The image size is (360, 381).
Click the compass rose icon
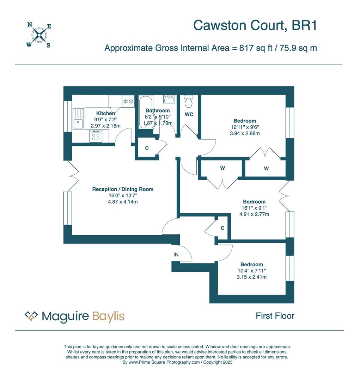pos(39,35)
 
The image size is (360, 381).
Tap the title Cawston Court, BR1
pos(255,25)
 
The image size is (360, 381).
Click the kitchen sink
pos(78,119)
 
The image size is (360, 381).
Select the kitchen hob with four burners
pos(96,136)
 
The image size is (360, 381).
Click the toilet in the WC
pos(189,101)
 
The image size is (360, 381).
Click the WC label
pos(189,114)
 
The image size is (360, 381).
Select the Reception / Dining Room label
pos(123,189)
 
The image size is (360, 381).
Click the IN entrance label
pos(176,254)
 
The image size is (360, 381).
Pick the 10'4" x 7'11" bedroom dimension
pos(252,271)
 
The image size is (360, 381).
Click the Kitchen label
pos(105,113)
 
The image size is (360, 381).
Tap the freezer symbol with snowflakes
pos(128,101)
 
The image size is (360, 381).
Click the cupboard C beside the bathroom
pos(147,148)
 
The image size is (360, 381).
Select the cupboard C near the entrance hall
pos(222,228)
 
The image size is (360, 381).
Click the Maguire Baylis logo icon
pos(31,316)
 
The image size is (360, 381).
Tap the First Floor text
pos(275,316)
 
